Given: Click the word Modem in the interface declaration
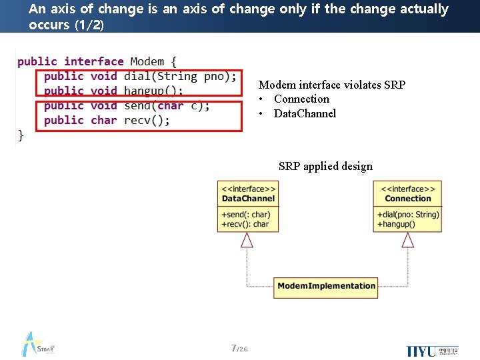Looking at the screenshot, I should pyautogui.click(x=147, y=61).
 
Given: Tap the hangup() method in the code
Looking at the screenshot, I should pyautogui.click(x=153, y=91).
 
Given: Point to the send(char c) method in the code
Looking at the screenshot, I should pyautogui.click(x=167, y=105).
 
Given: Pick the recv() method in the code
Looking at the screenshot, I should pyautogui.click(x=147, y=120).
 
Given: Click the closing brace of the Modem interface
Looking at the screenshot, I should pyautogui.click(x=21, y=135).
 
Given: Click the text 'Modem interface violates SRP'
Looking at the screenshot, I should pyautogui.click(x=331, y=85).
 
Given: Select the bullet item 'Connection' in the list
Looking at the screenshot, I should pyautogui.click(x=301, y=99).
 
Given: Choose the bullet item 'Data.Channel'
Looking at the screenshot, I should pyautogui.click(x=305, y=113).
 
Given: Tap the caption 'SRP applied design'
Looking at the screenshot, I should pyautogui.click(x=325, y=166).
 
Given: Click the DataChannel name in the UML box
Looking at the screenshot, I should pyautogui.click(x=248, y=199).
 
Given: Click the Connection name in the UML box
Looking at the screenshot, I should pyautogui.click(x=408, y=199).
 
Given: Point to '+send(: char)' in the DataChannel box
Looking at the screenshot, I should pyautogui.click(x=245, y=215).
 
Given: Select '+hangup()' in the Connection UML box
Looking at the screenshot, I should pyautogui.click(x=396, y=224).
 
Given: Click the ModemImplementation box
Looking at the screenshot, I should pyautogui.click(x=326, y=286).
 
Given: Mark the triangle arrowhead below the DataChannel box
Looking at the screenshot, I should pyautogui.click(x=247, y=240).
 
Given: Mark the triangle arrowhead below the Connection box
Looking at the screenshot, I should pyautogui.click(x=407, y=240).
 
